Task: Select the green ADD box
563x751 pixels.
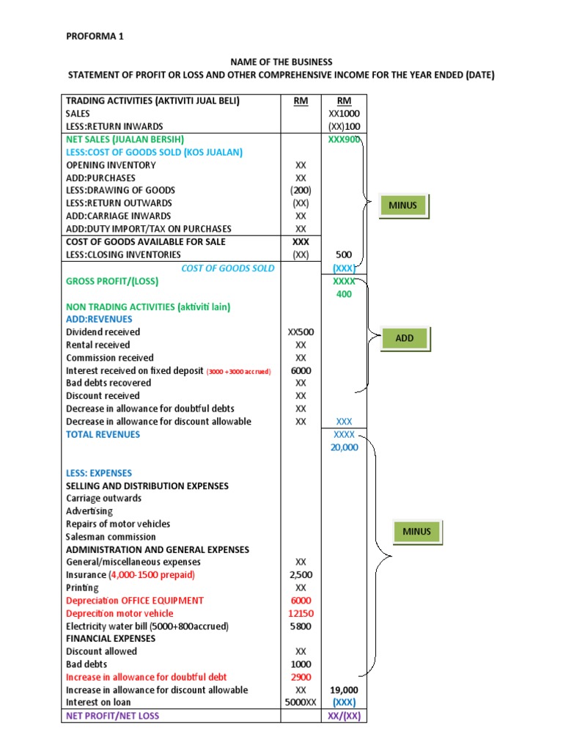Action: [x=405, y=338]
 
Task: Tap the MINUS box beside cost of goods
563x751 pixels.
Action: [x=403, y=205]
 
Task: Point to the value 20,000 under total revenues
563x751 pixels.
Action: [x=344, y=447]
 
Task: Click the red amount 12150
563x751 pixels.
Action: [x=301, y=613]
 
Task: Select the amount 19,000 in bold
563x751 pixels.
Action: [x=344, y=689]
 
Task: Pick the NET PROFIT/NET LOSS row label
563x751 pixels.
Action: [x=112, y=715]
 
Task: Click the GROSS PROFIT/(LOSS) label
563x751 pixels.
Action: [x=112, y=281]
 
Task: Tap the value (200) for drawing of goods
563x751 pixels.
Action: [x=301, y=190]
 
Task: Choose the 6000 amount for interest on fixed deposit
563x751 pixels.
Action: [x=301, y=370]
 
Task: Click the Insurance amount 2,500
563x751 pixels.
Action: [x=301, y=574]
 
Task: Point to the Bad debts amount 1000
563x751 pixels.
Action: [x=301, y=664]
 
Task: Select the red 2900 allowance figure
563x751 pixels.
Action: [x=301, y=677]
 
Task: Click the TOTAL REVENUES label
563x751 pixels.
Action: [x=103, y=434]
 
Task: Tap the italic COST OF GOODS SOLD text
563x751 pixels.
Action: [x=228, y=268]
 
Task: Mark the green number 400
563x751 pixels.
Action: [x=344, y=294]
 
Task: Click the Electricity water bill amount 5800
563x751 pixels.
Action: [x=301, y=626]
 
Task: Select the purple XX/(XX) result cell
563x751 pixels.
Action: [x=344, y=715]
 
